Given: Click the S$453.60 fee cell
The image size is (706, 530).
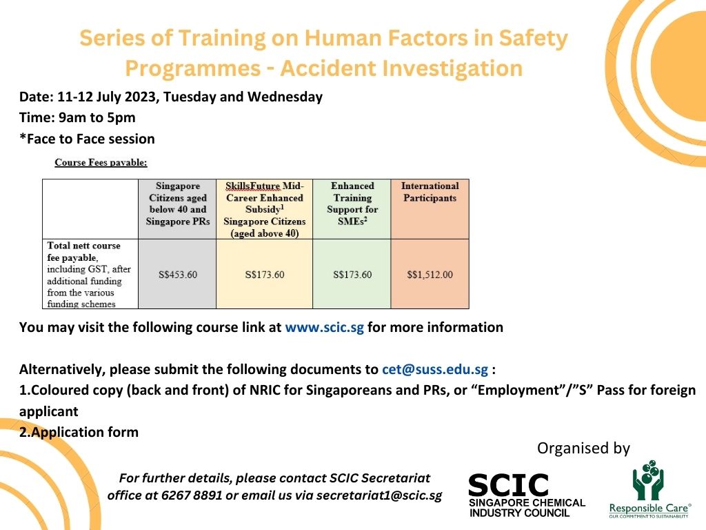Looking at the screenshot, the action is tap(178, 275).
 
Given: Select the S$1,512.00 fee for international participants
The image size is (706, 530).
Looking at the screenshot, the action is tap(430, 275).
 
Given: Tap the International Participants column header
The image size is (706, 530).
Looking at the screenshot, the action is tap(430, 192).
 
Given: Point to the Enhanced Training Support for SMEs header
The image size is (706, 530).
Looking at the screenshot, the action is tap(352, 204).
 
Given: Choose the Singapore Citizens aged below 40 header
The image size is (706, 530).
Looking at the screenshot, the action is tap(178, 204).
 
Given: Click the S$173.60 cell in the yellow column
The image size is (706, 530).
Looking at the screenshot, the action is tap(265, 275).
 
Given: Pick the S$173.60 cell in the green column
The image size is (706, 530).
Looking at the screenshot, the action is tap(352, 275).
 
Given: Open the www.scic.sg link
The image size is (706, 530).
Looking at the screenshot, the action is tap(324, 327).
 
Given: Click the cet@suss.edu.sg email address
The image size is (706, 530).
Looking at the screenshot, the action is tap(435, 370).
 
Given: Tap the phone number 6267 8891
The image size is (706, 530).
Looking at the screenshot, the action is tap(192, 495).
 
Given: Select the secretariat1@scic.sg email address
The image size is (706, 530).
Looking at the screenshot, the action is tap(379, 495).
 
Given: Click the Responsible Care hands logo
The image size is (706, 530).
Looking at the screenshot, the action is tap(648, 480).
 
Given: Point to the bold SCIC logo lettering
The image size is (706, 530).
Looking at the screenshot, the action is tap(508, 485).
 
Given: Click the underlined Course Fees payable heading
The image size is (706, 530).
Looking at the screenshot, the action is tap(101, 162).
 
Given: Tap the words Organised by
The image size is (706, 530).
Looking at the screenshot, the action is tap(583, 448).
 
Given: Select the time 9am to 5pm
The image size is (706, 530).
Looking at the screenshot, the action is tap(97, 117).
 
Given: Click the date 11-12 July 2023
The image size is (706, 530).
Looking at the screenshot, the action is tap(107, 97).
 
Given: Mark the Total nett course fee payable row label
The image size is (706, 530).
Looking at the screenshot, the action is tap(89, 275).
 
